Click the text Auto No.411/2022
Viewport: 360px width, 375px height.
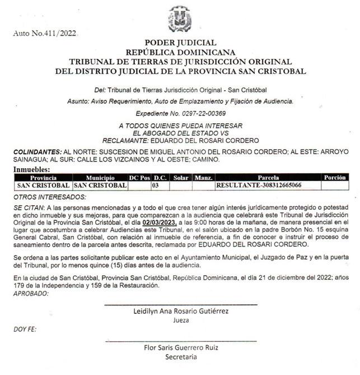pyautogui.click(x=44, y=34)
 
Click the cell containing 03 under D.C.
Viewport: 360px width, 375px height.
pyautogui.click(x=157, y=185)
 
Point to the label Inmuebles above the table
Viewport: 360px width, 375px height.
pyautogui.click(x=31, y=169)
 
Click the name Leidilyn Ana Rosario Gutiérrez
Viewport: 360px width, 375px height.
pyautogui.click(x=180, y=311)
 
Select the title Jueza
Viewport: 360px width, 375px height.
pyautogui.click(x=180, y=320)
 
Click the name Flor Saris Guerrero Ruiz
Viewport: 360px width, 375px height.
pyautogui.click(x=180, y=347)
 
